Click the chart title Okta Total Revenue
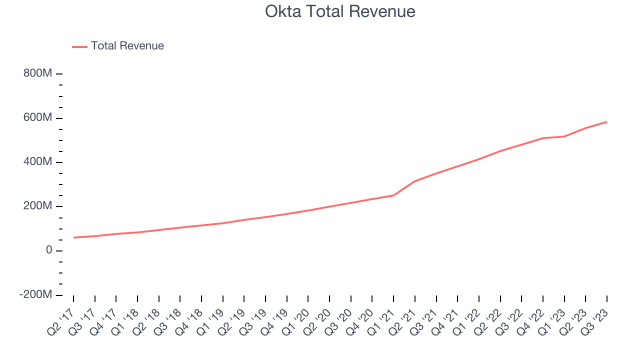point(340,11)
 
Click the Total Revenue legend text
point(127,46)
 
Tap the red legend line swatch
point(80,46)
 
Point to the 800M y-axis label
point(37,73)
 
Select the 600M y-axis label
point(37,118)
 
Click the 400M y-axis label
point(37,162)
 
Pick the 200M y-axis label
point(37,206)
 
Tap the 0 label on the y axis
point(49,250)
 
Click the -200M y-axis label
point(35,295)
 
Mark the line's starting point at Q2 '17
point(73,237)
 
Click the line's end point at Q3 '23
point(607,121)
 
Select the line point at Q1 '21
point(393,195)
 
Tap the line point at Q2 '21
point(415,181)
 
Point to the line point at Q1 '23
point(564,136)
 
